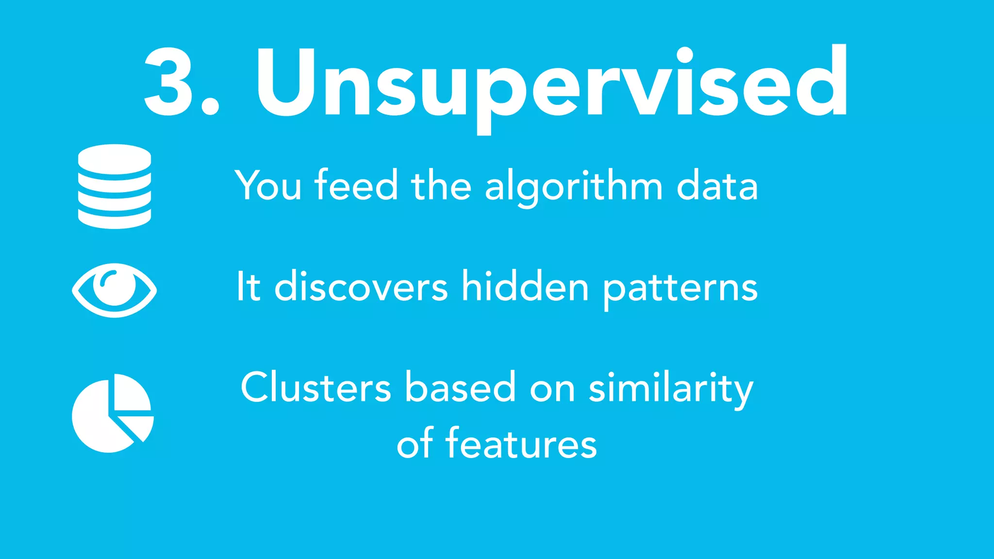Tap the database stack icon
pyautogui.click(x=115, y=186)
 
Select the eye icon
pyautogui.click(x=115, y=290)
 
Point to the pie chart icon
pyautogui.click(x=113, y=413)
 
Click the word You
pyautogui.click(x=268, y=185)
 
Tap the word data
pyautogui.click(x=717, y=186)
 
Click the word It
pyautogui.click(x=248, y=287)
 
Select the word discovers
pyautogui.click(x=361, y=287)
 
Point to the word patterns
pyautogui.click(x=680, y=289)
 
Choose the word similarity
pyautogui.click(x=671, y=389)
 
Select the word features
pyautogui.click(x=521, y=444)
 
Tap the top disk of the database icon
pyautogui.click(x=115, y=156)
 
